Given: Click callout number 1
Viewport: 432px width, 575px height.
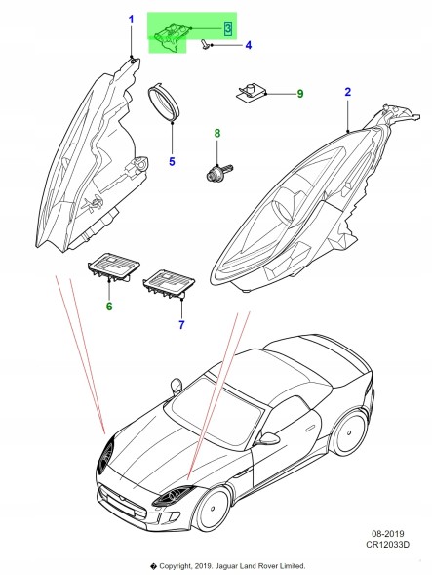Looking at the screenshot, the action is pos(132,20).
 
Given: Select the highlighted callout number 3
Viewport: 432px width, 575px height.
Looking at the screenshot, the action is pos(227,28).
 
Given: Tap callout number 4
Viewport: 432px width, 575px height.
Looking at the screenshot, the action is pos(249,45).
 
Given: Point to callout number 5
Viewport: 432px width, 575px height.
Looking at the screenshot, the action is pos(172,161).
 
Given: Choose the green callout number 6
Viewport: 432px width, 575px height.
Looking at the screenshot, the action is pos(109,306).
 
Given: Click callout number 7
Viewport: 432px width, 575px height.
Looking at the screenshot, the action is pos(181,324).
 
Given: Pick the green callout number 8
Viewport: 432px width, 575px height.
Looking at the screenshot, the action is pos(217,133).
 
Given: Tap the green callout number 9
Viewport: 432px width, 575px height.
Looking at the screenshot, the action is pos(300,94).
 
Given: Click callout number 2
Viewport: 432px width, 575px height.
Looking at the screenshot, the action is pos(348,92).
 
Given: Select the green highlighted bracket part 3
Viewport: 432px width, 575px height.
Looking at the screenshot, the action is pos(171,37).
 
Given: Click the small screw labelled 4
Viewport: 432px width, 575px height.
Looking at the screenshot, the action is pos(205,44).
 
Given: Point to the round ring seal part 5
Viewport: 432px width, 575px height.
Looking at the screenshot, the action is pos(164,102).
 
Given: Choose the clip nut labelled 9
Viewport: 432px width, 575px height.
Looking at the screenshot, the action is pos(251,92).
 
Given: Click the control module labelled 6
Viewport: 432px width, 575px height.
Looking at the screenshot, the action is pos(113,267).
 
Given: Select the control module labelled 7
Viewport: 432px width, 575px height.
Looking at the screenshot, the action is pos(169,283).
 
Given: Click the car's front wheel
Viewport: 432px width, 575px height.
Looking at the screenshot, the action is pos(213,508).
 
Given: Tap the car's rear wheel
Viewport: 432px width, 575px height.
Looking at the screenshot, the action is pos(349,431).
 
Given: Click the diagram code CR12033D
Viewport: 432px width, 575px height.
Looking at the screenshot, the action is pos(387,545).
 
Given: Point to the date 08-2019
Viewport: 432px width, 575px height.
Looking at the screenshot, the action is pos(387,534).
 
